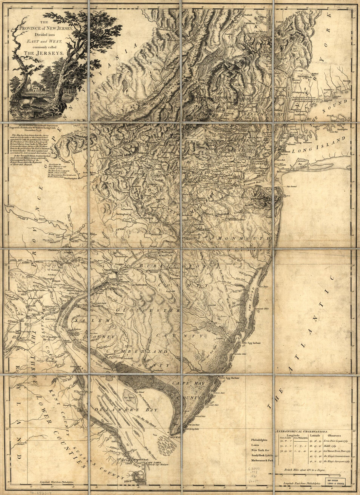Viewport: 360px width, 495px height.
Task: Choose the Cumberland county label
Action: click(142, 351)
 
